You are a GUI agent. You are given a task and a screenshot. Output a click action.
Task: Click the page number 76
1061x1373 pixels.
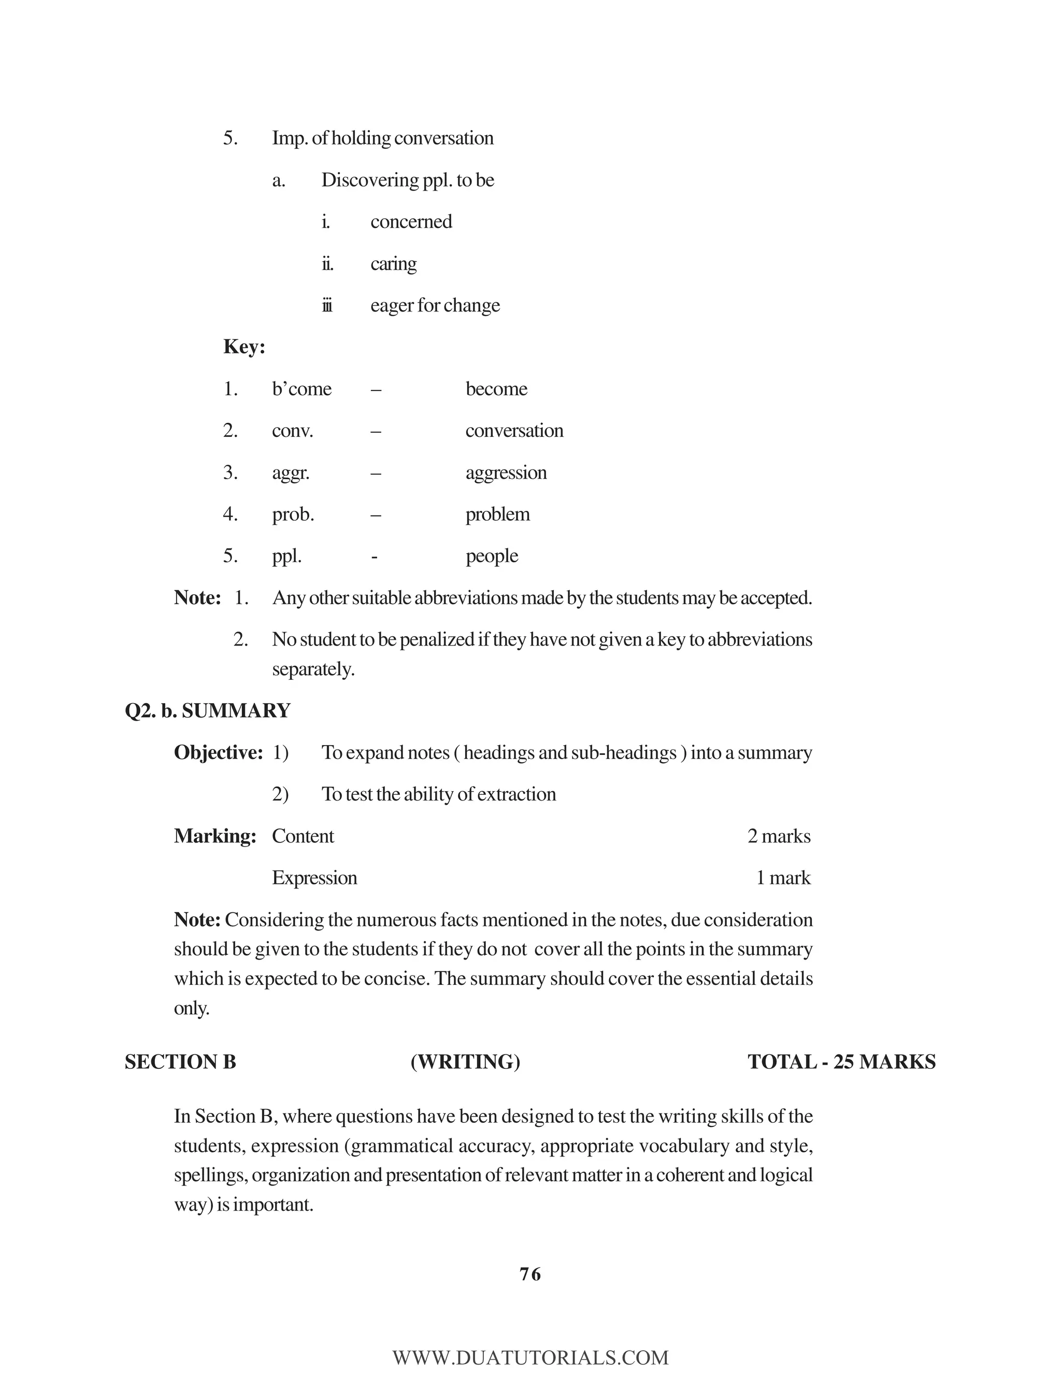click(x=530, y=1275)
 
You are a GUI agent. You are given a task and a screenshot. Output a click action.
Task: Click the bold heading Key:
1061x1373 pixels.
click(x=244, y=347)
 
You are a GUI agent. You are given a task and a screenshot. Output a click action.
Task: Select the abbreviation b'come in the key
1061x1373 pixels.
click(x=301, y=389)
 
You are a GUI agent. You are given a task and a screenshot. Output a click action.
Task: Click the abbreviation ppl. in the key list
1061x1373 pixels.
click(x=286, y=556)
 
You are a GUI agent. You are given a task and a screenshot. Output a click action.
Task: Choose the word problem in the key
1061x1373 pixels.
click(x=497, y=515)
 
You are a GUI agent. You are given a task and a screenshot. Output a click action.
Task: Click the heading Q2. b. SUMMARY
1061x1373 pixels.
click(x=207, y=711)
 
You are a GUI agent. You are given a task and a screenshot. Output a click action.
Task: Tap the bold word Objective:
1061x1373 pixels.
click(x=218, y=752)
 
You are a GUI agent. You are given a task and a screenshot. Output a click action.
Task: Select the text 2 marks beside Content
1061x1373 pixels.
click(x=779, y=836)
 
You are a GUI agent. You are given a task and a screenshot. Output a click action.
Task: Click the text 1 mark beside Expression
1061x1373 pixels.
click(x=783, y=878)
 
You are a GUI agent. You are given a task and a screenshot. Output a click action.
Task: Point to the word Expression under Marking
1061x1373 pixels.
click(x=314, y=878)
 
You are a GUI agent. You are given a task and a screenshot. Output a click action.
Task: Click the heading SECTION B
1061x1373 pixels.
click(x=180, y=1062)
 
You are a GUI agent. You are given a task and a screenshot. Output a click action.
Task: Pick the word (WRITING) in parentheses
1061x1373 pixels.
click(x=465, y=1062)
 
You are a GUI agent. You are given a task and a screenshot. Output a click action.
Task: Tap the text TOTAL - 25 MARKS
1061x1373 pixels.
click(x=841, y=1062)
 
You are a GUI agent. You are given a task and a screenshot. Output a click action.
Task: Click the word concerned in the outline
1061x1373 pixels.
click(x=411, y=222)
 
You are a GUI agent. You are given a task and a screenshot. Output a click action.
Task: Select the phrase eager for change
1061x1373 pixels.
click(x=435, y=306)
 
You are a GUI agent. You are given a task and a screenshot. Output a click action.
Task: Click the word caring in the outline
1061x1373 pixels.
click(x=394, y=264)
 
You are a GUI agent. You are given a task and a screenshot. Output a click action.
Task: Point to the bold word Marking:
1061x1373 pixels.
click(x=215, y=836)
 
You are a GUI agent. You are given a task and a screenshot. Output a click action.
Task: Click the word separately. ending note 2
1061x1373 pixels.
click(x=313, y=669)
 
